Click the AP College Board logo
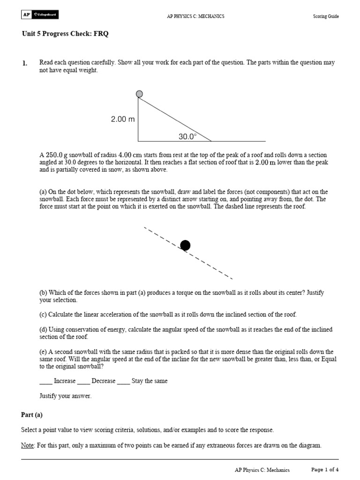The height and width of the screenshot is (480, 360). [39, 15]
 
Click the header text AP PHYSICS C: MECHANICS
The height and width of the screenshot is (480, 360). [195, 16]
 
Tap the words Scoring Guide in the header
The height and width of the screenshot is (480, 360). [326, 16]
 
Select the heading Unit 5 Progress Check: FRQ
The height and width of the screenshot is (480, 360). [65, 34]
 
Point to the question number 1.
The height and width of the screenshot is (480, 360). [24, 63]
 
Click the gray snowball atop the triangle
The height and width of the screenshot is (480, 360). [139, 94]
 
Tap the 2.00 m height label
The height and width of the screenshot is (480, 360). [123, 120]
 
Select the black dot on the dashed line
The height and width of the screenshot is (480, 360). [185, 245]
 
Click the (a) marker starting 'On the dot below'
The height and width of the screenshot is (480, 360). [43, 192]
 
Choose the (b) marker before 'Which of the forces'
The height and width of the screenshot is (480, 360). [43, 293]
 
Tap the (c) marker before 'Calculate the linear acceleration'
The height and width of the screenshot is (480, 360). [43, 315]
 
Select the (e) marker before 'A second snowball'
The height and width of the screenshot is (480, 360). [43, 352]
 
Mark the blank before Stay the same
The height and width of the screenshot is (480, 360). [123, 381]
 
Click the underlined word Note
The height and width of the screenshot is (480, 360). [28, 445]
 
